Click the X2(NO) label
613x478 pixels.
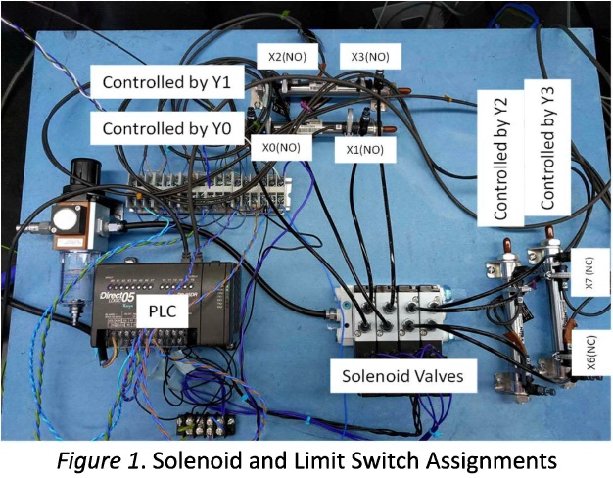pos(287,57)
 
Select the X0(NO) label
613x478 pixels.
pos(281,148)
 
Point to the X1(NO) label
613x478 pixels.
pos(365,150)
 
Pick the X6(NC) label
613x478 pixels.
pos(591,352)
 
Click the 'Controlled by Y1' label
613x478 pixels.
pos(166,81)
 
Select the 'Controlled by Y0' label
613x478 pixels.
pos(166,128)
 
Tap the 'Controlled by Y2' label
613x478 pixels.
pos(500,159)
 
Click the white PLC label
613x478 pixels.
pos(163,311)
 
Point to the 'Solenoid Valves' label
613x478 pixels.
pos(403,376)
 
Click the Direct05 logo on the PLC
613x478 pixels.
pos(117,296)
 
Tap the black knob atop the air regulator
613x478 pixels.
pos(85,173)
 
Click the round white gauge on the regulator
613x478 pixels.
pos(65,218)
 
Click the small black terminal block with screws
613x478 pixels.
pos(206,425)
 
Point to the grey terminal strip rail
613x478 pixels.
pos(210,193)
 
